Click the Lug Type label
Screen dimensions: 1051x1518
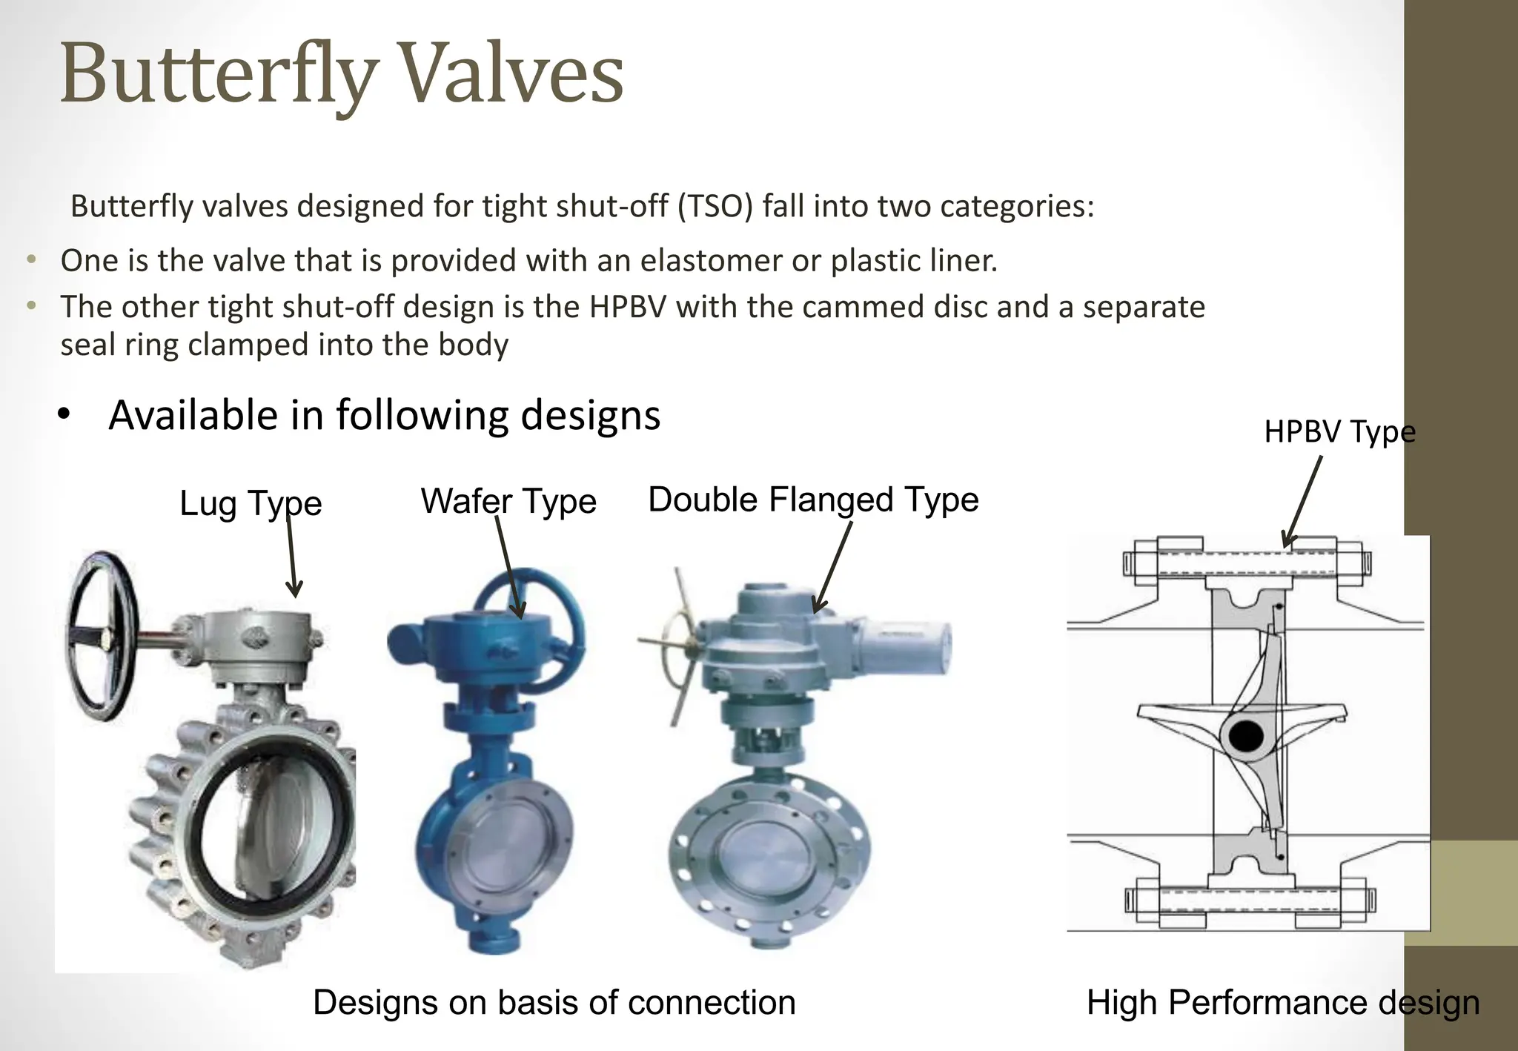click(251, 504)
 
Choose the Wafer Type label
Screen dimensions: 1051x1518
click(508, 502)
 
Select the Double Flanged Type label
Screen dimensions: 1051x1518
click(813, 500)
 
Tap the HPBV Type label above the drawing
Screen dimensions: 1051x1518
click(1339, 432)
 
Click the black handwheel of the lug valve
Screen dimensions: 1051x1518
click(101, 637)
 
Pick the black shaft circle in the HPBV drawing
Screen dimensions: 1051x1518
click(1245, 737)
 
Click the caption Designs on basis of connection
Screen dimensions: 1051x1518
click(554, 1003)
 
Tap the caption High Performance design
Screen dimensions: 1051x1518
click(1282, 1003)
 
